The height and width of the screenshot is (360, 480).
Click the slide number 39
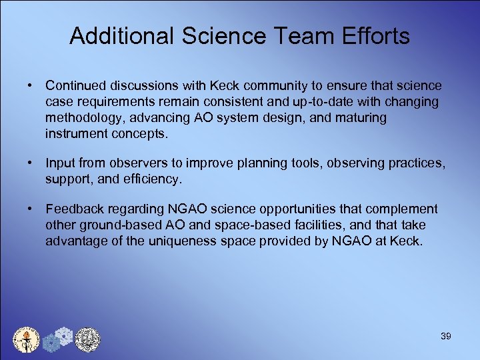446,336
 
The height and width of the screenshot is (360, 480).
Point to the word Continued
75,86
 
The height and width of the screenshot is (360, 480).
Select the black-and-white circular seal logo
87,339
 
